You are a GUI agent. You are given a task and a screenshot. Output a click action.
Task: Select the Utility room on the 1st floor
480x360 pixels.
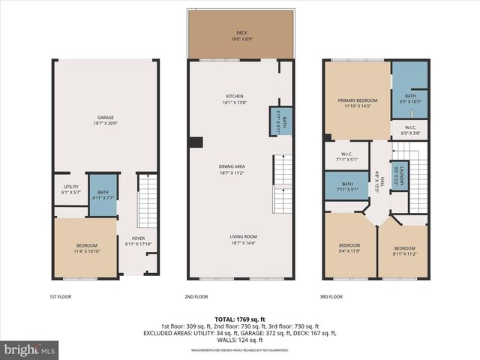[x=71, y=189]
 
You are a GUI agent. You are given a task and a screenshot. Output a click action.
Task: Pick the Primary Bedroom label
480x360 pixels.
[x=357, y=103]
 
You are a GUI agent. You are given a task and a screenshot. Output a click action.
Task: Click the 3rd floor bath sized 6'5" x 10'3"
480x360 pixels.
[x=409, y=98]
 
